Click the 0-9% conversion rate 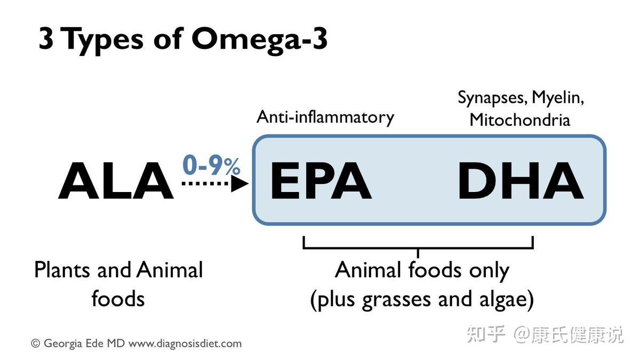(211, 166)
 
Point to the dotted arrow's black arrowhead (241, 184)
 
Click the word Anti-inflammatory (325, 117)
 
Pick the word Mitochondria (519, 119)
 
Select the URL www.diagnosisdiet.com (185, 343)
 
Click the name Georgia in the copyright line (62, 343)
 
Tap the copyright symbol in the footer (36, 343)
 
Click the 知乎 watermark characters (486, 334)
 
